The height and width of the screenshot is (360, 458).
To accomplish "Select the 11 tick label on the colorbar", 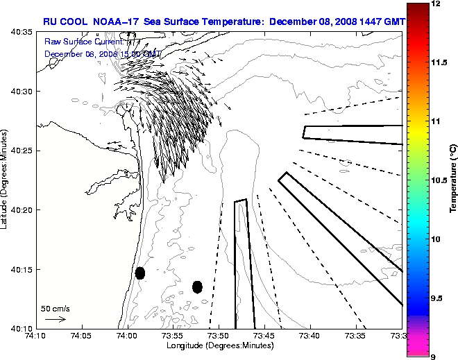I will tap(436, 121).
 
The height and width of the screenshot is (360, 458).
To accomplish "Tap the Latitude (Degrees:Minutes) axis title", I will tap(6, 180).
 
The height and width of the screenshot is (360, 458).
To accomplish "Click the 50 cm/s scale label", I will tap(56, 308).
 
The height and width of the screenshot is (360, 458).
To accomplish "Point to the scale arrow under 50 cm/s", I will tap(56, 319).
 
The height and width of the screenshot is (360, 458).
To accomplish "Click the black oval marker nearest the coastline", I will tap(140, 273).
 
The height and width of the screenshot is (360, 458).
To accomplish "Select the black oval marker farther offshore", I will tap(197, 286).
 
